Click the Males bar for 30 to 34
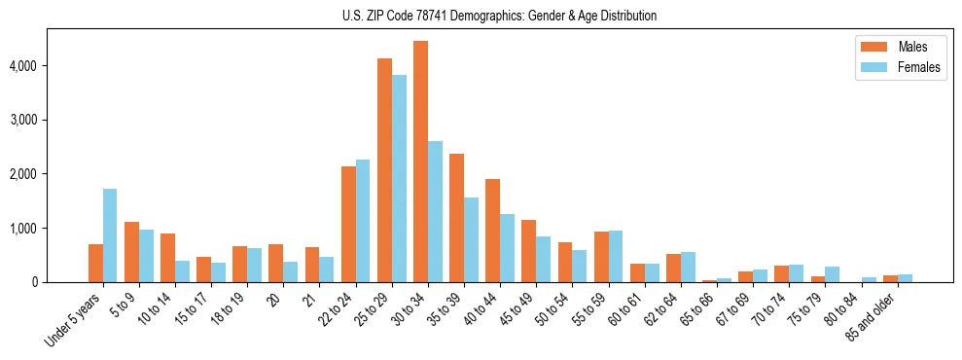tap(420, 162)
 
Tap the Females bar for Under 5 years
tap(110, 235)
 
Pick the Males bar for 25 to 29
tap(384, 170)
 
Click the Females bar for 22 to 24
tap(363, 221)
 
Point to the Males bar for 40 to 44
tap(493, 231)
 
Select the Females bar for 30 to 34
tap(435, 211)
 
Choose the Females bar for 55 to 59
tap(616, 256)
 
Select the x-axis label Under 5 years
tap(75, 321)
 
